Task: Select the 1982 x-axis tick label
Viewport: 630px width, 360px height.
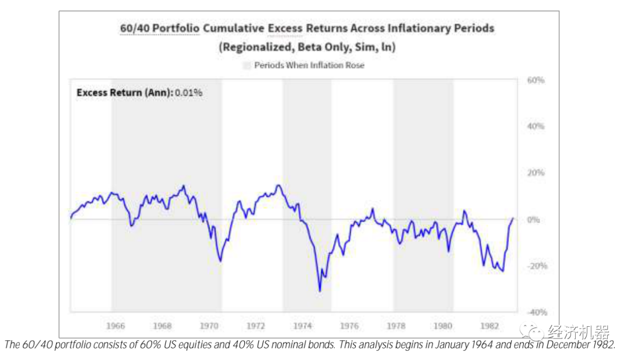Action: click(x=489, y=326)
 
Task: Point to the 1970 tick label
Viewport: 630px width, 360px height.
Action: click(x=209, y=326)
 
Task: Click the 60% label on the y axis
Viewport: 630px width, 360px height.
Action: click(x=535, y=80)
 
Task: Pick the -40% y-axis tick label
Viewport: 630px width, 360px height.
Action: click(x=535, y=312)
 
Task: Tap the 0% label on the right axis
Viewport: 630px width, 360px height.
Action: click(x=533, y=219)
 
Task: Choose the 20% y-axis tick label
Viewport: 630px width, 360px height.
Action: click(x=535, y=173)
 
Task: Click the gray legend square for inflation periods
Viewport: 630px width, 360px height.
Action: click(x=247, y=65)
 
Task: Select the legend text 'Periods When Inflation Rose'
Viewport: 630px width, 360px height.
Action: click(x=309, y=65)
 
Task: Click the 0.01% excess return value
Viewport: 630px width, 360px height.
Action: click(x=189, y=93)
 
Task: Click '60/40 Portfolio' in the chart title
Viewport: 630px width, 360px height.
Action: click(x=159, y=28)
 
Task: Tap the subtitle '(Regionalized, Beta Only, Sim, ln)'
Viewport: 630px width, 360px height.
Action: click(x=307, y=47)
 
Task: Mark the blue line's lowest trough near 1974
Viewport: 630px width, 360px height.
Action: click(x=319, y=291)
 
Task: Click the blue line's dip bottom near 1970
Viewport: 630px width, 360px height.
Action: click(x=220, y=261)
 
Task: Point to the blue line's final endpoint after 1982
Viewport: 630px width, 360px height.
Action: click(x=513, y=218)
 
